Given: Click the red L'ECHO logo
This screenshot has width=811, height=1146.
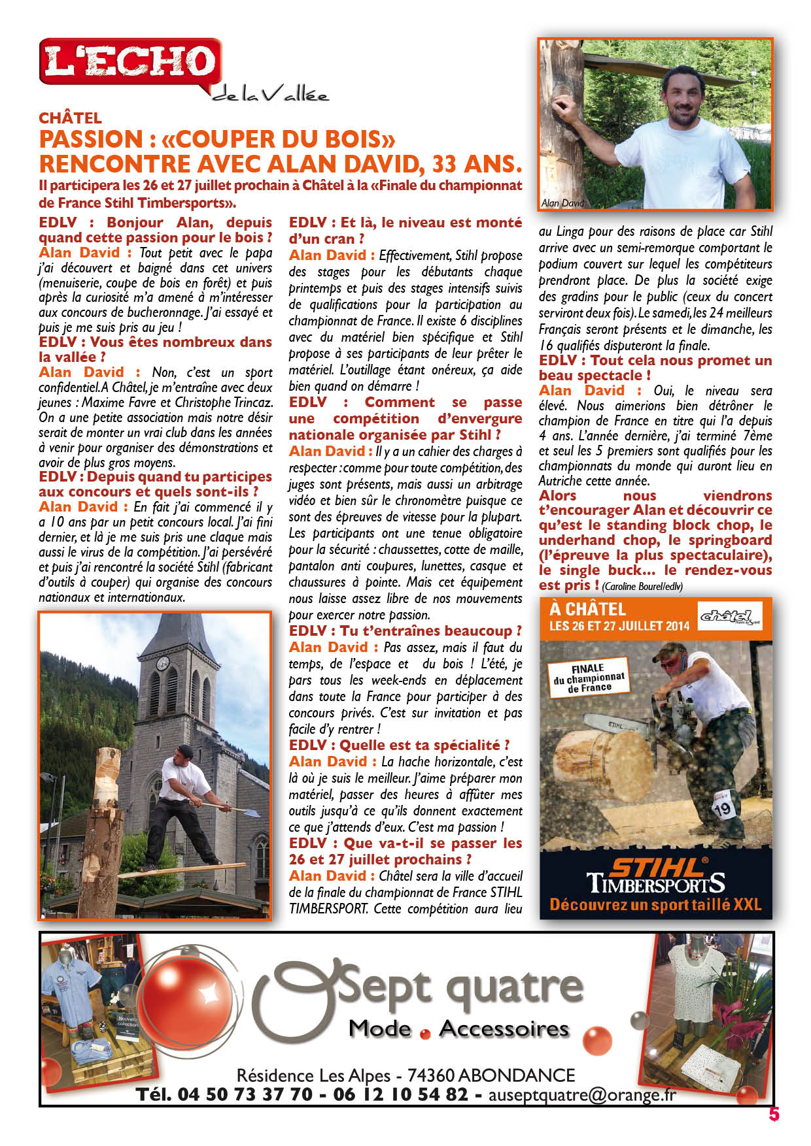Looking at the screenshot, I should click(x=129, y=62).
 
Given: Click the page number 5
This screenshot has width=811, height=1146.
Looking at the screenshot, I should click(x=774, y=1114).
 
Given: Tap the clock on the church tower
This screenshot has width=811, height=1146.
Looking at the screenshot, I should click(x=162, y=663).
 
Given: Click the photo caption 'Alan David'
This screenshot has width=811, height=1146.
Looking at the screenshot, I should click(x=562, y=203).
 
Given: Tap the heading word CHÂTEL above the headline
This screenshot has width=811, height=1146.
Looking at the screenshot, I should click(x=70, y=118).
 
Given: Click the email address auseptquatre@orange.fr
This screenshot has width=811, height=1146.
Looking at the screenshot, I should click(x=582, y=1095).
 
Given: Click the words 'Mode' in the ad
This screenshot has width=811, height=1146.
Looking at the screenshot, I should click(x=380, y=1029).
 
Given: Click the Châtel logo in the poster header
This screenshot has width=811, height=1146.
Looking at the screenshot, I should click(x=730, y=616).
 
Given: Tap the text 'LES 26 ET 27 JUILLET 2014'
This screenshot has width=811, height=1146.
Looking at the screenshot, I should click(x=619, y=626).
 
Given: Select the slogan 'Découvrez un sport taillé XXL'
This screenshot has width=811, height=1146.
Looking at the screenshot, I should click(x=655, y=905).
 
